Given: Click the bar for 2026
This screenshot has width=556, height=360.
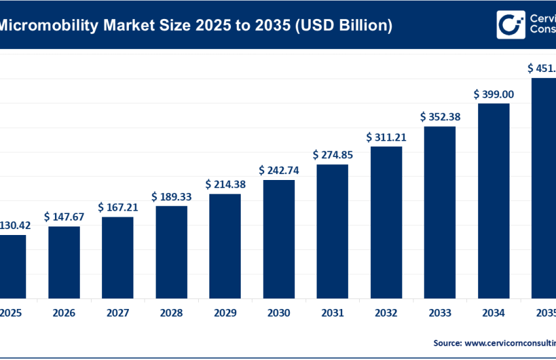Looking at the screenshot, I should (64, 262).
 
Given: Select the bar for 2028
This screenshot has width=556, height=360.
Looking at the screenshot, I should (171, 251).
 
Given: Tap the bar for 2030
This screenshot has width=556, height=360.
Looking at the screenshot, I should (279, 238).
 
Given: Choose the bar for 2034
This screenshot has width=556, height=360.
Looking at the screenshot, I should (493, 200).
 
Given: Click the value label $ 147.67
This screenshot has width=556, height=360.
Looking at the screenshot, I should (65, 216).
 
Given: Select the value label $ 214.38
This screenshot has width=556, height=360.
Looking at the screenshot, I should (226, 185).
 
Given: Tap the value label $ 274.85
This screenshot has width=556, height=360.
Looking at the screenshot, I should (333, 155).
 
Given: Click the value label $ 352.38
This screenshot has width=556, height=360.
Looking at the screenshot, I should (440, 117).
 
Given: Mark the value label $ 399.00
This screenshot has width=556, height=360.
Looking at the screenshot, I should (494, 94).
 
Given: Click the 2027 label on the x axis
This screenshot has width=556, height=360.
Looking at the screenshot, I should (118, 312).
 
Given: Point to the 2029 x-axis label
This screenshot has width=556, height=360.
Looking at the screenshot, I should (225, 312).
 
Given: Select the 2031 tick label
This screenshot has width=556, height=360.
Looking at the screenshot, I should (332, 312).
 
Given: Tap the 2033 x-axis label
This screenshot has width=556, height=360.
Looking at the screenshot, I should (440, 312).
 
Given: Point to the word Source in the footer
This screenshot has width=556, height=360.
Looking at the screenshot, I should (447, 342).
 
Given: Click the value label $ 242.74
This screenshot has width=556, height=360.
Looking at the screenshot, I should (279, 170).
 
